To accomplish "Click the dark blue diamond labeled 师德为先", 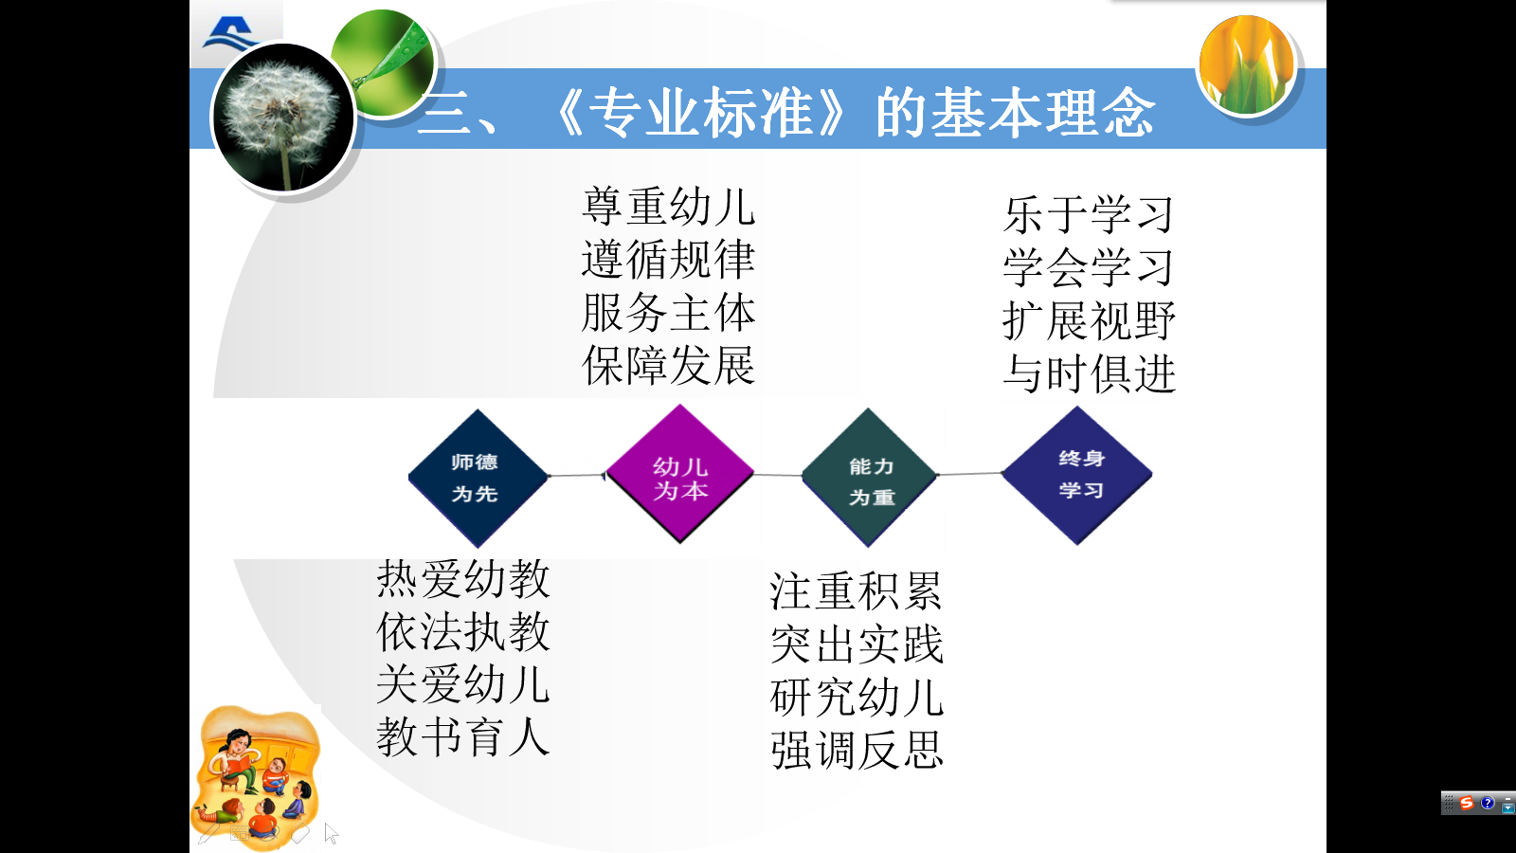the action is (477, 478).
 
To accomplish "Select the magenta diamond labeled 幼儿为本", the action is (680, 475).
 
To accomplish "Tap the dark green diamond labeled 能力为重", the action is (869, 478).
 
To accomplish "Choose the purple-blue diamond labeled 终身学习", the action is (1078, 475).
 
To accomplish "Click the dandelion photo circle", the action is (282, 118).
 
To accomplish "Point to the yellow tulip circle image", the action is (1247, 65).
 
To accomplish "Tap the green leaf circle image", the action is (385, 63).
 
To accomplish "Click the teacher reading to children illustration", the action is (257, 775).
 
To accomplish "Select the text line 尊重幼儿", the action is (668, 207).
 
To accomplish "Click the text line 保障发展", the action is (668, 366).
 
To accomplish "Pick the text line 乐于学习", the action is (1089, 214).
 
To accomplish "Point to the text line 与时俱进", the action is (1089, 373).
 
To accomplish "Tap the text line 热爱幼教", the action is (463, 579).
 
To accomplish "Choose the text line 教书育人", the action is (463, 737).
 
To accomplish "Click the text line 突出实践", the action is (857, 644).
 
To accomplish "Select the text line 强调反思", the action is (857, 751).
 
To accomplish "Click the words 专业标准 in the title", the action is (701, 113).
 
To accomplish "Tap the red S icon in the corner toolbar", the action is (1467, 803).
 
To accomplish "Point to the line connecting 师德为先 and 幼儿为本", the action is (577, 475).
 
